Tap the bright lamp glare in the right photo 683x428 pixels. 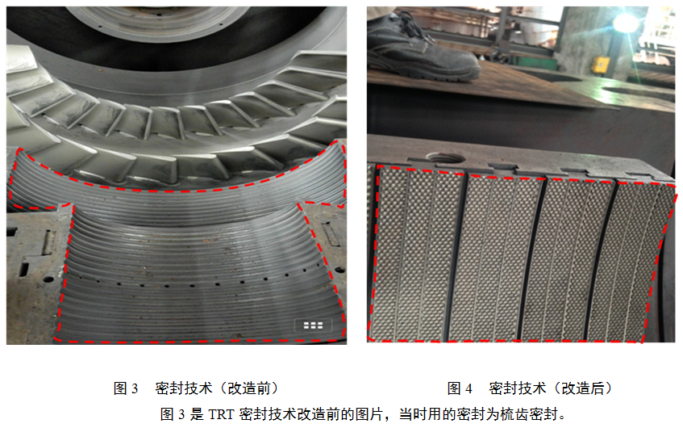[626, 23]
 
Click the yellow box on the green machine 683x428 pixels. [600, 65]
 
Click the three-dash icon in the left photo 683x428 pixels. [313, 325]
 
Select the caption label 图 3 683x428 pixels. [126, 388]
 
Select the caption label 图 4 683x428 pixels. [460, 388]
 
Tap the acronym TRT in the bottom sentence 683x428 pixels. [221, 414]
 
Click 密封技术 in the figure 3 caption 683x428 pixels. [183, 388]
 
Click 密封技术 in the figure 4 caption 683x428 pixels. [517, 388]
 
